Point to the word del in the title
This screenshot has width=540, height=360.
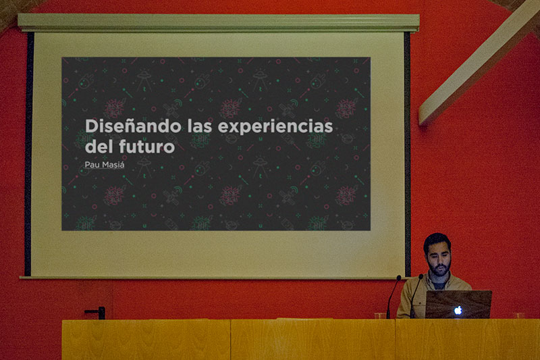99,145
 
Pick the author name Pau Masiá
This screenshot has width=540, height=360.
107,164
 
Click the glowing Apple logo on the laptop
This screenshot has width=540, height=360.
458,310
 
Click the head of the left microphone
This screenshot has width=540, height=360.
398,278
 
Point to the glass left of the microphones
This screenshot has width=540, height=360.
380,315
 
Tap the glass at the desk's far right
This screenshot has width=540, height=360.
518,315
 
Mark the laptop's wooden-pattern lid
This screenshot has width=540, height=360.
458,304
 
